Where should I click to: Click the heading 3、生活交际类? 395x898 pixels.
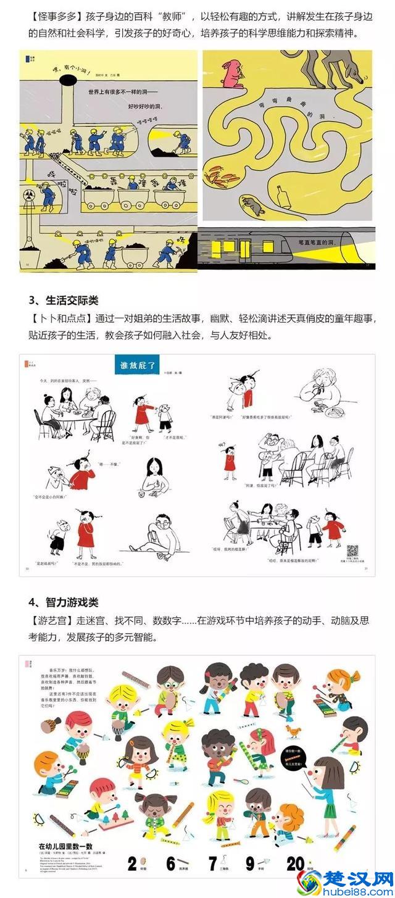(64, 301)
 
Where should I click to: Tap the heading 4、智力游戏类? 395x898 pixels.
(64, 601)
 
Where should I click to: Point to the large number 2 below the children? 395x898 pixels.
(132, 862)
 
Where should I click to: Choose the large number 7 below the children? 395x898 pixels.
(213, 862)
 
